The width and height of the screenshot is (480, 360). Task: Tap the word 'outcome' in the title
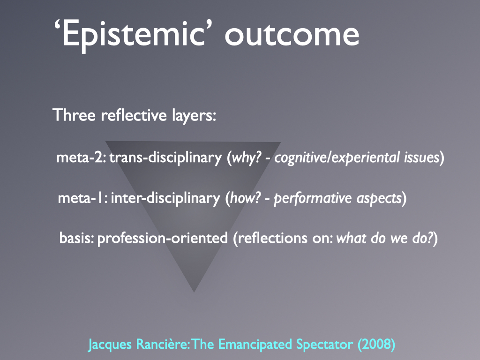point(292,35)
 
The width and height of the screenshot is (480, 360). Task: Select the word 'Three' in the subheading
point(74,115)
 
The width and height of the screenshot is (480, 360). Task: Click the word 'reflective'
point(134,115)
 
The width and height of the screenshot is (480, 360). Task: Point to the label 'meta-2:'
point(81,157)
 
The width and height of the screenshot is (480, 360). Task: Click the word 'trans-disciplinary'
point(165,158)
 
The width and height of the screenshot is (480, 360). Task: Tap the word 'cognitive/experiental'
point(337,158)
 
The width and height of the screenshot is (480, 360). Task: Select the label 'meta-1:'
point(82,198)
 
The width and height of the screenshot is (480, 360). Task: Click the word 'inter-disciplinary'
point(165,198)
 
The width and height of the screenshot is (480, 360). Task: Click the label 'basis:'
point(76,238)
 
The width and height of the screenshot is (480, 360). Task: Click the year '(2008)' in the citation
point(376,345)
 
